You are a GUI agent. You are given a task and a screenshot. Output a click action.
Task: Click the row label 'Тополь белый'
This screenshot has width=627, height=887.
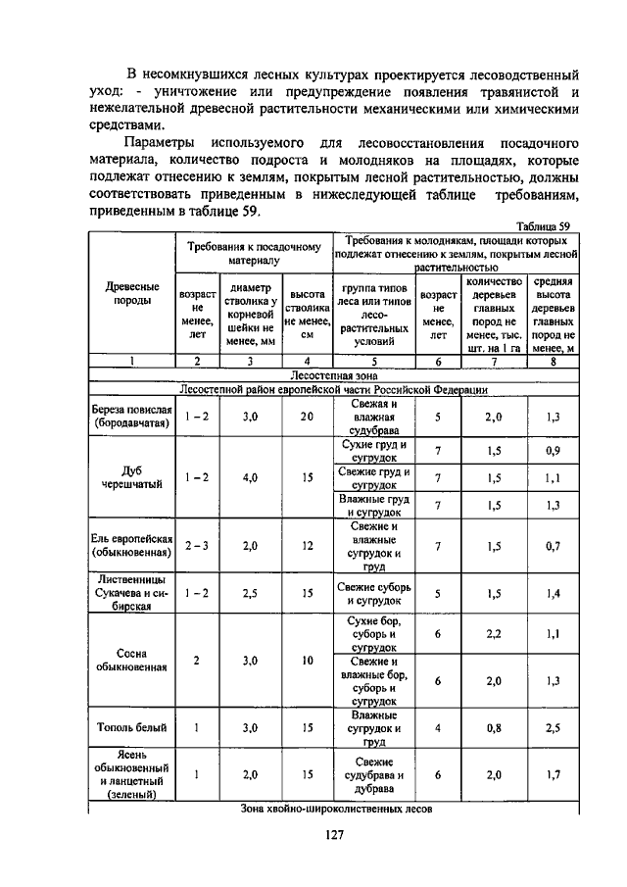tap(132, 727)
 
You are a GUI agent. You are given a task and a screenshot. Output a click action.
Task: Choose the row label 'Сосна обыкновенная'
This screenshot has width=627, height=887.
tap(132, 660)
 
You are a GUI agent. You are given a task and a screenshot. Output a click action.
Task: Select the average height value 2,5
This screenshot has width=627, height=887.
tap(554, 727)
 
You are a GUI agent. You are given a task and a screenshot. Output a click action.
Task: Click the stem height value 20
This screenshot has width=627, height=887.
tap(307, 416)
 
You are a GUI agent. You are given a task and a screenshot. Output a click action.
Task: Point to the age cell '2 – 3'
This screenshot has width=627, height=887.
tap(197, 545)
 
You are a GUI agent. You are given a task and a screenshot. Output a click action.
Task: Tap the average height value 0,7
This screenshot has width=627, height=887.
tap(554, 545)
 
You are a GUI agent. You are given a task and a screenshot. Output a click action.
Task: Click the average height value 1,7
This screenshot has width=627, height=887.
tap(554, 774)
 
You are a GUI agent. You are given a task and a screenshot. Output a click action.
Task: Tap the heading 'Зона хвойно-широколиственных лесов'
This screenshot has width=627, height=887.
tap(333, 809)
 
